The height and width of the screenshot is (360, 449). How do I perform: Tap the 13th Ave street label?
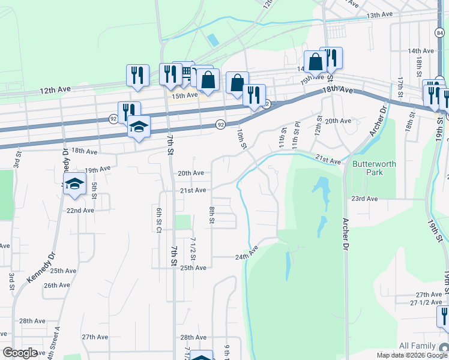pyautogui.click(x=379, y=14)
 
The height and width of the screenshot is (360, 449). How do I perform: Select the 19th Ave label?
pyautogui.click(x=98, y=170)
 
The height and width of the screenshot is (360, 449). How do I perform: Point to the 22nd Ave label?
pyautogui.click(x=80, y=211)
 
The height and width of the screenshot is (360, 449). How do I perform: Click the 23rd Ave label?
pyautogui.click(x=364, y=199)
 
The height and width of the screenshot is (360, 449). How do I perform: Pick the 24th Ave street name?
pyautogui.click(x=250, y=256)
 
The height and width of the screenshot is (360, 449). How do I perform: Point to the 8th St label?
pyautogui.click(x=212, y=215)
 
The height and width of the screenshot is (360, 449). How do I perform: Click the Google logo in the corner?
pyautogui.click(x=20, y=353)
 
